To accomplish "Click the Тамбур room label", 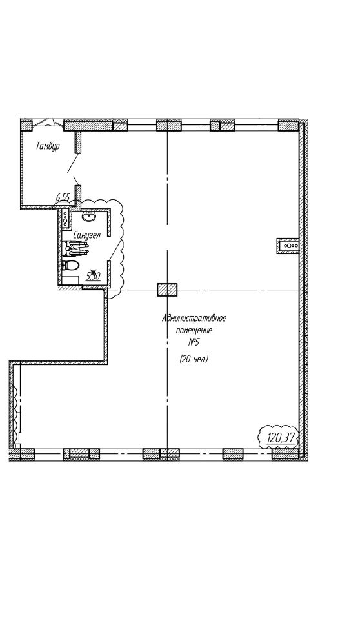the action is pos(48,146).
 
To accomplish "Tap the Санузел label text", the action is pos(87,235).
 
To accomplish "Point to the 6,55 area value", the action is pos(63,197).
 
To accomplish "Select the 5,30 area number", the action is pos(93,276).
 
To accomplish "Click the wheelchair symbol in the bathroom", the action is pos(77,248).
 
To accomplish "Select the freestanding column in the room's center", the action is pos(167,290).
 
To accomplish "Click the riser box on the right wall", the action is pos(288,246).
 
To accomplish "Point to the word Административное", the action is pos(194,318).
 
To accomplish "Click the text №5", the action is pos(194,342).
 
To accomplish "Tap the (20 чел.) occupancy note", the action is pos(194,359).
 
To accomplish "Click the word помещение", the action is pos(194,330).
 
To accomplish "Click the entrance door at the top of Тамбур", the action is pos(48,123).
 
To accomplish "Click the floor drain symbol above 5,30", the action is pos(94,271).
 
